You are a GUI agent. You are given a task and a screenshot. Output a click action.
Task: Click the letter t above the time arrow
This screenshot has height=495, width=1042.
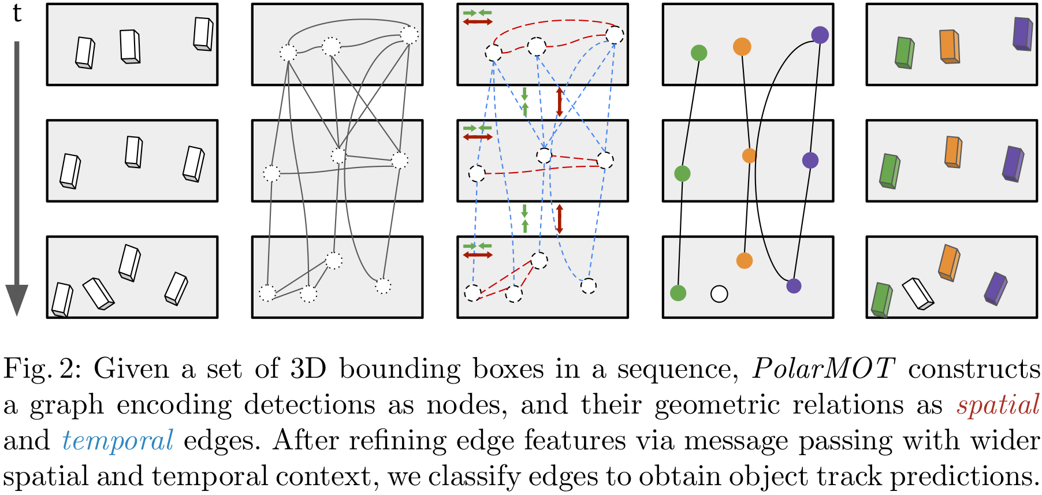17,13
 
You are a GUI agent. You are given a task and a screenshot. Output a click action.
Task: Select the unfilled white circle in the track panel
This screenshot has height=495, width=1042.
719,294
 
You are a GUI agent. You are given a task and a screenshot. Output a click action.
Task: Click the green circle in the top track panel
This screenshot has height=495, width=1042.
699,53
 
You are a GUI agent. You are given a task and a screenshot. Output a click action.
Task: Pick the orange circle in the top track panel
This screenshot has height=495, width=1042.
742,46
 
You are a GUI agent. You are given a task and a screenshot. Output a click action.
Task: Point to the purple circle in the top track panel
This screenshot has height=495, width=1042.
820,35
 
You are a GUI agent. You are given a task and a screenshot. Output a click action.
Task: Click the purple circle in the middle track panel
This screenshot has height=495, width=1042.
810,160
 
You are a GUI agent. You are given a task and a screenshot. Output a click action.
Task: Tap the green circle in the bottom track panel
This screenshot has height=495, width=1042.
678,293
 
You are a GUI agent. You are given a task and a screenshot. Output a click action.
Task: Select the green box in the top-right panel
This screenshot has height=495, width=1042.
904,53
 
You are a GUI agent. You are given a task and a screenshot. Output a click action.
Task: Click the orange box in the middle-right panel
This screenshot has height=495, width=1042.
953,152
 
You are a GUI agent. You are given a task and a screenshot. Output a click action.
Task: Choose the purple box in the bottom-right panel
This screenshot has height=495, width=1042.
995,288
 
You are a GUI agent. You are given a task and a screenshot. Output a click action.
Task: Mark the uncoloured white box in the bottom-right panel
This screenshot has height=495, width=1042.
918,293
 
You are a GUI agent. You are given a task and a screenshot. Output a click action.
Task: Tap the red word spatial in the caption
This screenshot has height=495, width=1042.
998,404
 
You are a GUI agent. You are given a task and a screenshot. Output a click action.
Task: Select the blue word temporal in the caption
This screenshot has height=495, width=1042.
118,441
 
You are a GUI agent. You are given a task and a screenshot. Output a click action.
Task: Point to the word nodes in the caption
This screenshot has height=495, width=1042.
467,404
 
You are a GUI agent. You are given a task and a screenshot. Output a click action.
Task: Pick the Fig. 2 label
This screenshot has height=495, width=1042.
38,369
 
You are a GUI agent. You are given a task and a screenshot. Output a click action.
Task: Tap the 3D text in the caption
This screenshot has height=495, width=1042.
308,369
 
